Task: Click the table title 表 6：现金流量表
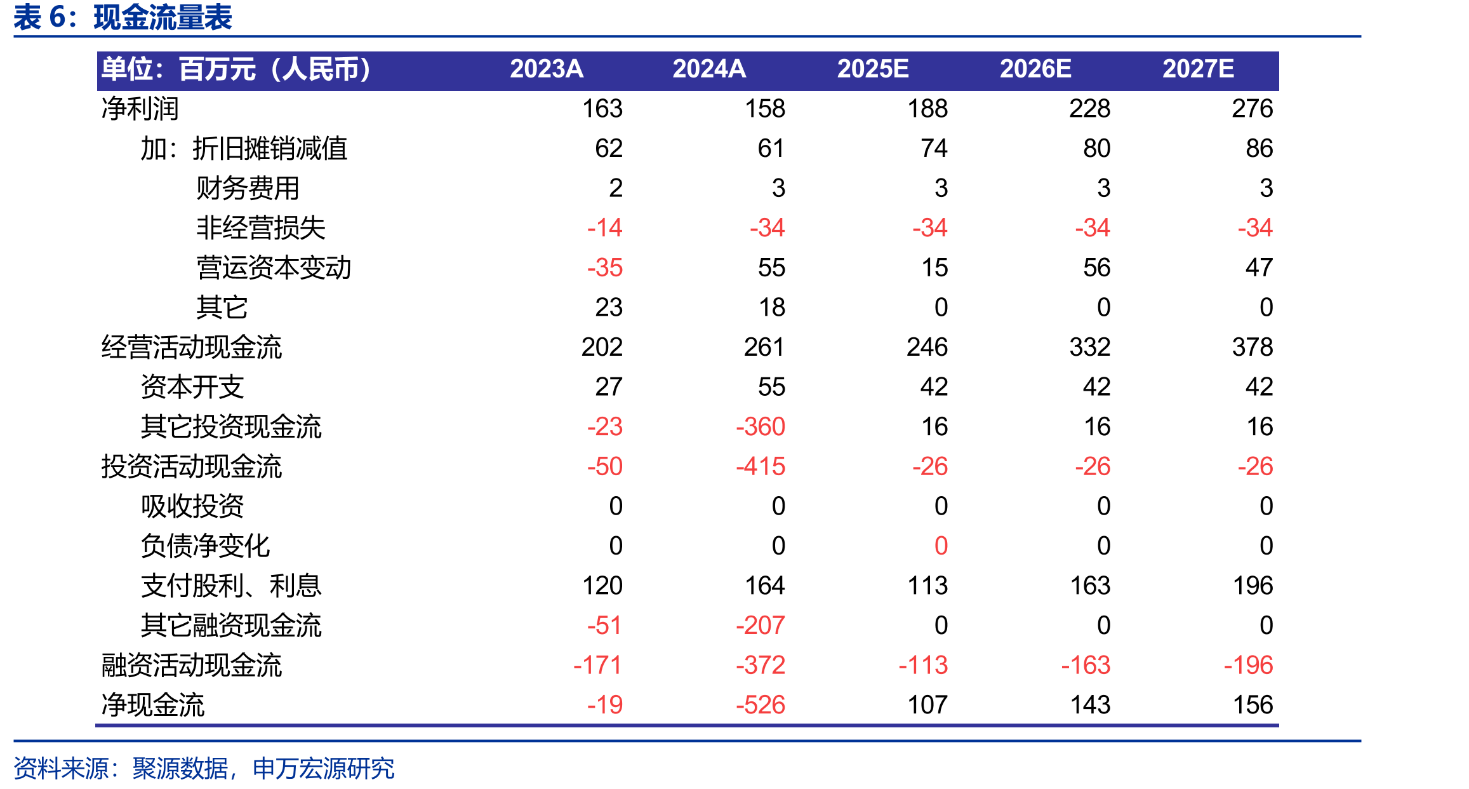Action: [123, 17]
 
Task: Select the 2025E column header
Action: [872, 69]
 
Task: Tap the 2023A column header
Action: [546, 69]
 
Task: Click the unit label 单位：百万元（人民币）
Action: [236, 69]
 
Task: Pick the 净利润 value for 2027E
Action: [1252, 109]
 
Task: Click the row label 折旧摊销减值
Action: [270, 149]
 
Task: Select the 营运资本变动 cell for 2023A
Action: [604, 267]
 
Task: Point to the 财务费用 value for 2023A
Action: [615, 188]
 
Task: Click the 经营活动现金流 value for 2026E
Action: [1089, 347]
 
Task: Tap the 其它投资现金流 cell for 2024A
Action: [760, 426]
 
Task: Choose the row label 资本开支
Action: [192, 387]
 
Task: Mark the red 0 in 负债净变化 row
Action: [941, 546]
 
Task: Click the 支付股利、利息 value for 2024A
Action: [764, 585]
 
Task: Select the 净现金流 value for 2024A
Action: [760, 705]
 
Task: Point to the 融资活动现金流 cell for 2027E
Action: [1248, 665]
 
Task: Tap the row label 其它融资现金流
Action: [231, 626]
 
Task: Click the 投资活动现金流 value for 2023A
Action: [604, 466]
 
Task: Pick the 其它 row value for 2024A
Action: [772, 307]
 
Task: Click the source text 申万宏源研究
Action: [323, 769]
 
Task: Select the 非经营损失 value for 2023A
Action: [604, 227]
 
